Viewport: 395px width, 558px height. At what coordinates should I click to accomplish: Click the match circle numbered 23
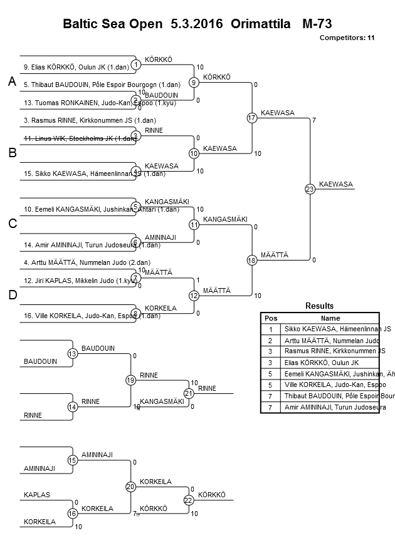pyautogui.click(x=310, y=189)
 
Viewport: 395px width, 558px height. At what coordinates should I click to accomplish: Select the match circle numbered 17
pyautogui.click(x=252, y=118)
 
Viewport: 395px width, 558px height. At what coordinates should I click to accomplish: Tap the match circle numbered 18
pyautogui.click(x=252, y=260)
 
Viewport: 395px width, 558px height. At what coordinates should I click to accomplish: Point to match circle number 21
pyautogui.click(x=189, y=393)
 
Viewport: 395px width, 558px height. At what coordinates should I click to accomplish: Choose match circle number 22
pyautogui.click(x=189, y=500)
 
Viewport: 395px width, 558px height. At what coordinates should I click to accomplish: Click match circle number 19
pyautogui.click(x=130, y=380)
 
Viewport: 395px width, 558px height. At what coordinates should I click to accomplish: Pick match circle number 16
pyautogui.click(x=73, y=514)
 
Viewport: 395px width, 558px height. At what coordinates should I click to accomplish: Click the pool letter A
pyautogui.click(x=12, y=82)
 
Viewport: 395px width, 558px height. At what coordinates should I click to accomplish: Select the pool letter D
pyautogui.click(x=12, y=295)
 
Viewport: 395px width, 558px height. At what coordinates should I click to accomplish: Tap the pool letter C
pyautogui.click(x=12, y=224)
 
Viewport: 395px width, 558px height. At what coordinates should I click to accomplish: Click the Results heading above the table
pyautogui.click(x=319, y=306)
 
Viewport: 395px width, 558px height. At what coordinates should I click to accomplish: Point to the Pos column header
pyautogui.click(x=271, y=318)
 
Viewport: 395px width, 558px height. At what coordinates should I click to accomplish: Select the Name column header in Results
pyautogui.click(x=330, y=318)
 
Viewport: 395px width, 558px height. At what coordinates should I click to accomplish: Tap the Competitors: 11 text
pyautogui.click(x=347, y=38)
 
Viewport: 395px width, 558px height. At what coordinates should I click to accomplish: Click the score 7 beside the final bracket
pyautogui.click(x=313, y=120)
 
